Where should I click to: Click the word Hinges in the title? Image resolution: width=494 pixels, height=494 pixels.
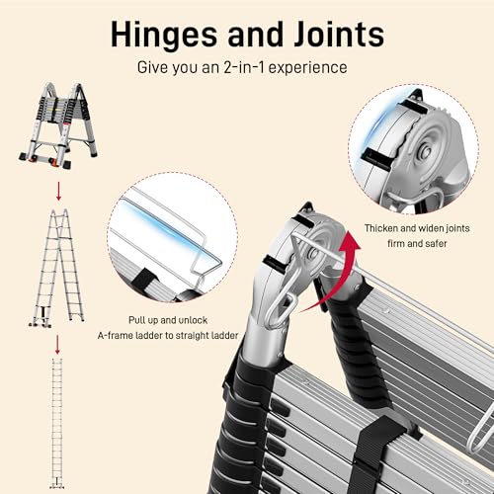[x=164, y=36]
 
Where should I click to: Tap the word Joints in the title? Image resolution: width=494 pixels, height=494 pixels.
[x=339, y=34]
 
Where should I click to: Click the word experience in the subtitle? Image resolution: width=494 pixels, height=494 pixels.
[x=308, y=68]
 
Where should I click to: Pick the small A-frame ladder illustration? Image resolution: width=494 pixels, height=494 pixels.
[x=58, y=125]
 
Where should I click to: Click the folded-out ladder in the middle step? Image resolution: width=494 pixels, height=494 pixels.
[x=57, y=268]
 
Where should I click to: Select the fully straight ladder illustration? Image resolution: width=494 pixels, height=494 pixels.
[x=57, y=424]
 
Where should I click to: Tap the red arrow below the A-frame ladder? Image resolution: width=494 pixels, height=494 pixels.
[x=58, y=191]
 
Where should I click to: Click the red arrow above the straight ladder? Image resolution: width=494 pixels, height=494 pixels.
[x=57, y=345]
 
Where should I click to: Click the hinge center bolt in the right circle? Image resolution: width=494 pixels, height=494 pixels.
[x=426, y=152]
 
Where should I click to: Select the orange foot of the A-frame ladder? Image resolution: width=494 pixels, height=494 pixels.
[x=52, y=161]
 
